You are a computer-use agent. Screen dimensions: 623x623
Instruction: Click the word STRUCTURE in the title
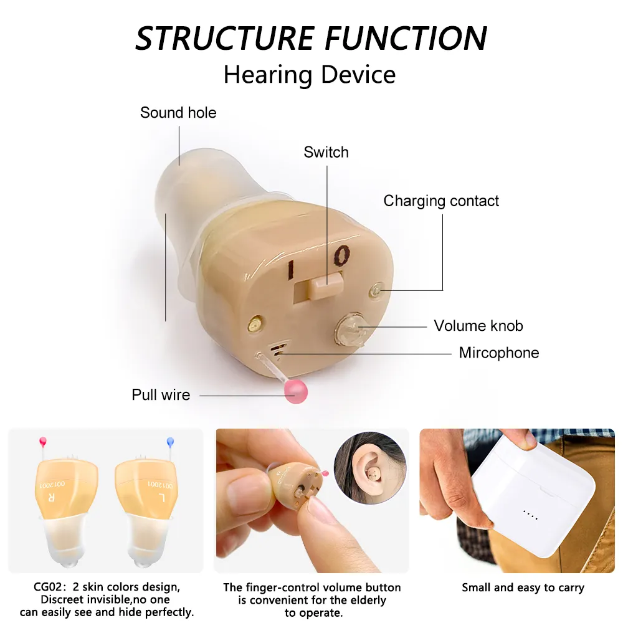click(225, 38)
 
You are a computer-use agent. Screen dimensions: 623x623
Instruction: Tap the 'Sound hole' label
click(178, 113)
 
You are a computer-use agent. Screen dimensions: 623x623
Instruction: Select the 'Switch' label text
click(326, 152)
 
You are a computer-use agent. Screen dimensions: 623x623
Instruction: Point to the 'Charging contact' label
click(441, 201)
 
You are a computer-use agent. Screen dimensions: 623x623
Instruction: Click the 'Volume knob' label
click(478, 326)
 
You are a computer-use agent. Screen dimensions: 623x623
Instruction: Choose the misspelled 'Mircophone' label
click(499, 353)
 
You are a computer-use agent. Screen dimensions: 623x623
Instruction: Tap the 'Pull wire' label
click(161, 395)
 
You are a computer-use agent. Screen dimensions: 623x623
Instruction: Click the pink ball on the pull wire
click(296, 391)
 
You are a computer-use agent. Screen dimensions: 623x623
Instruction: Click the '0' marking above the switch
click(341, 255)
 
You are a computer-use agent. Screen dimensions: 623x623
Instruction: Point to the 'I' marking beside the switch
click(290, 270)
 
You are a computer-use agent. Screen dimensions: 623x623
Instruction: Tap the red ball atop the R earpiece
click(42, 441)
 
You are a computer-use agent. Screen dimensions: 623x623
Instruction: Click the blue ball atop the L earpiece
click(171, 441)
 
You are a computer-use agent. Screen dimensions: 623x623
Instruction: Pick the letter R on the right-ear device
click(51, 497)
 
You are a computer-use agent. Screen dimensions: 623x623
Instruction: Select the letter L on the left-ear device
click(161, 497)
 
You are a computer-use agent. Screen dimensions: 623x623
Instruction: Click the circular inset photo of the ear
click(370, 468)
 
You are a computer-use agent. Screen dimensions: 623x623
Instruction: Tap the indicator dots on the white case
click(531, 515)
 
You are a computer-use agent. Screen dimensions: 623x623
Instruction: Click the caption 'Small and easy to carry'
click(523, 587)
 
